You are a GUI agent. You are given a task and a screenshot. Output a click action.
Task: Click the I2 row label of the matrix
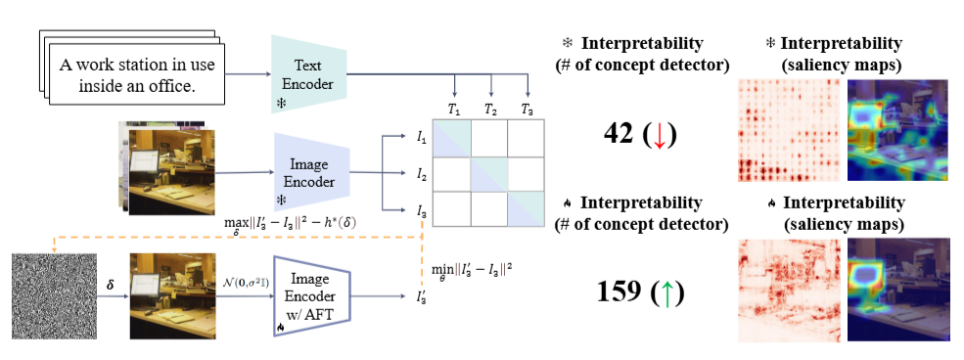[x=421, y=175]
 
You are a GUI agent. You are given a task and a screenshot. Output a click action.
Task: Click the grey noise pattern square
[x=52, y=294]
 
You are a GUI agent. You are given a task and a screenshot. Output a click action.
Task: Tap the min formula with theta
[x=474, y=267]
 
